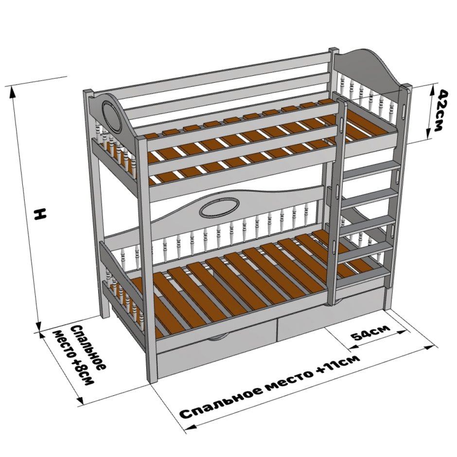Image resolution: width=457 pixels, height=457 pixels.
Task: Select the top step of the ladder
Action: pos(369,172)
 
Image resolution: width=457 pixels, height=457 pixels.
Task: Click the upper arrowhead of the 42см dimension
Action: pos(433,89)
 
